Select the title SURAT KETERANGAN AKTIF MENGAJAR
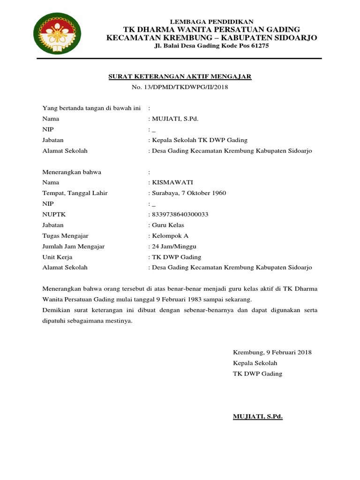(x=180, y=76)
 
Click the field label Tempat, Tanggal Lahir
(x=75, y=193)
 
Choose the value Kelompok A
(x=170, y=236)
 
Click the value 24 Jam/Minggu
(x=173, y=246)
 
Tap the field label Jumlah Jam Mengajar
(x=74, y=246)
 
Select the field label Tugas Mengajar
(x=65, y=236)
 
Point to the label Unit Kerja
(x=57, y=257)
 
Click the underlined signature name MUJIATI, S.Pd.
(x=258, y=416)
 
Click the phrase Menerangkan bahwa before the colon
(x=72, y=172)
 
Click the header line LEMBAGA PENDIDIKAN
(x=211, y=22)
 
